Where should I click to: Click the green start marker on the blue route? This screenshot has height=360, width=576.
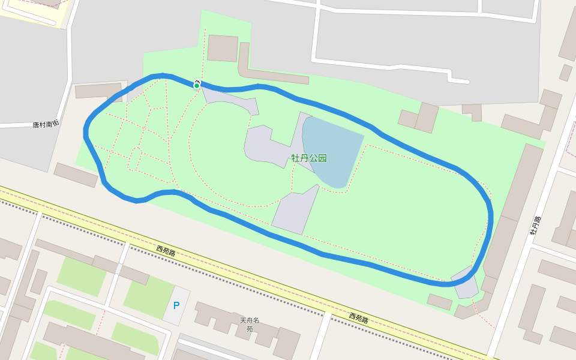196,85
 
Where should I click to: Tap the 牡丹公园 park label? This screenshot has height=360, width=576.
309,158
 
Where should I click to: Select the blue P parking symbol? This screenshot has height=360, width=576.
176,305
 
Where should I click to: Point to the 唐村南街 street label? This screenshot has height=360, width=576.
46,124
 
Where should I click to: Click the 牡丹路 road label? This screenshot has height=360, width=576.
535,225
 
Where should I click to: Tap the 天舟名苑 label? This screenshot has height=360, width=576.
250,324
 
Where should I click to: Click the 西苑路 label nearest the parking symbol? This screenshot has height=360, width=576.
166,251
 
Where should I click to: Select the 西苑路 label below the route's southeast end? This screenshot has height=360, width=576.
359,317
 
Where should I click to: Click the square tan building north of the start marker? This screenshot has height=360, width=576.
223,48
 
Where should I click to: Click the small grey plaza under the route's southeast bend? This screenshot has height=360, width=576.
465,283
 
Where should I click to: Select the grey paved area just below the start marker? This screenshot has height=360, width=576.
231,100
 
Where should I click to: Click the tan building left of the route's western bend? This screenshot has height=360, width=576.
76,175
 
